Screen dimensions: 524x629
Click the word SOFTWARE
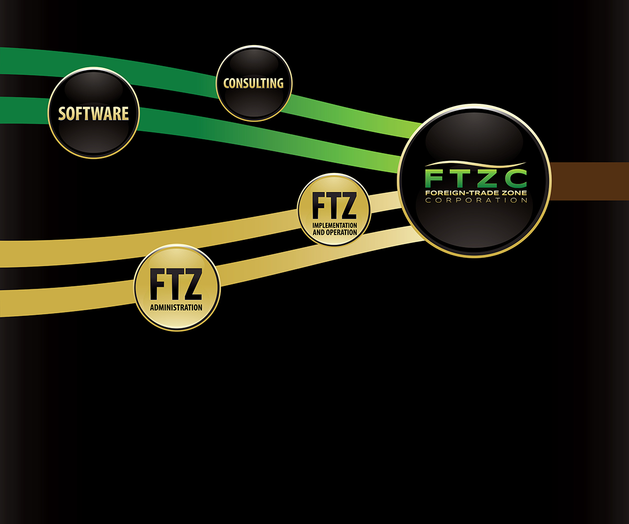93,113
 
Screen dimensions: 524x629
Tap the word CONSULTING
253,83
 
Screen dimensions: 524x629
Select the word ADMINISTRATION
176,308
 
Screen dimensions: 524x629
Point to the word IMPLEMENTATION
334,225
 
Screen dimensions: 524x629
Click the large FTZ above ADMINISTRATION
176,285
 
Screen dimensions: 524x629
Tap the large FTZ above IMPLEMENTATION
334,206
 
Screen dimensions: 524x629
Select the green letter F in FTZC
433,179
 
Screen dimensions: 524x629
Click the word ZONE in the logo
514,193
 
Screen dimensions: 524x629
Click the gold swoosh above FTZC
474,164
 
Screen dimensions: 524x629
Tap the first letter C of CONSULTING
226,83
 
